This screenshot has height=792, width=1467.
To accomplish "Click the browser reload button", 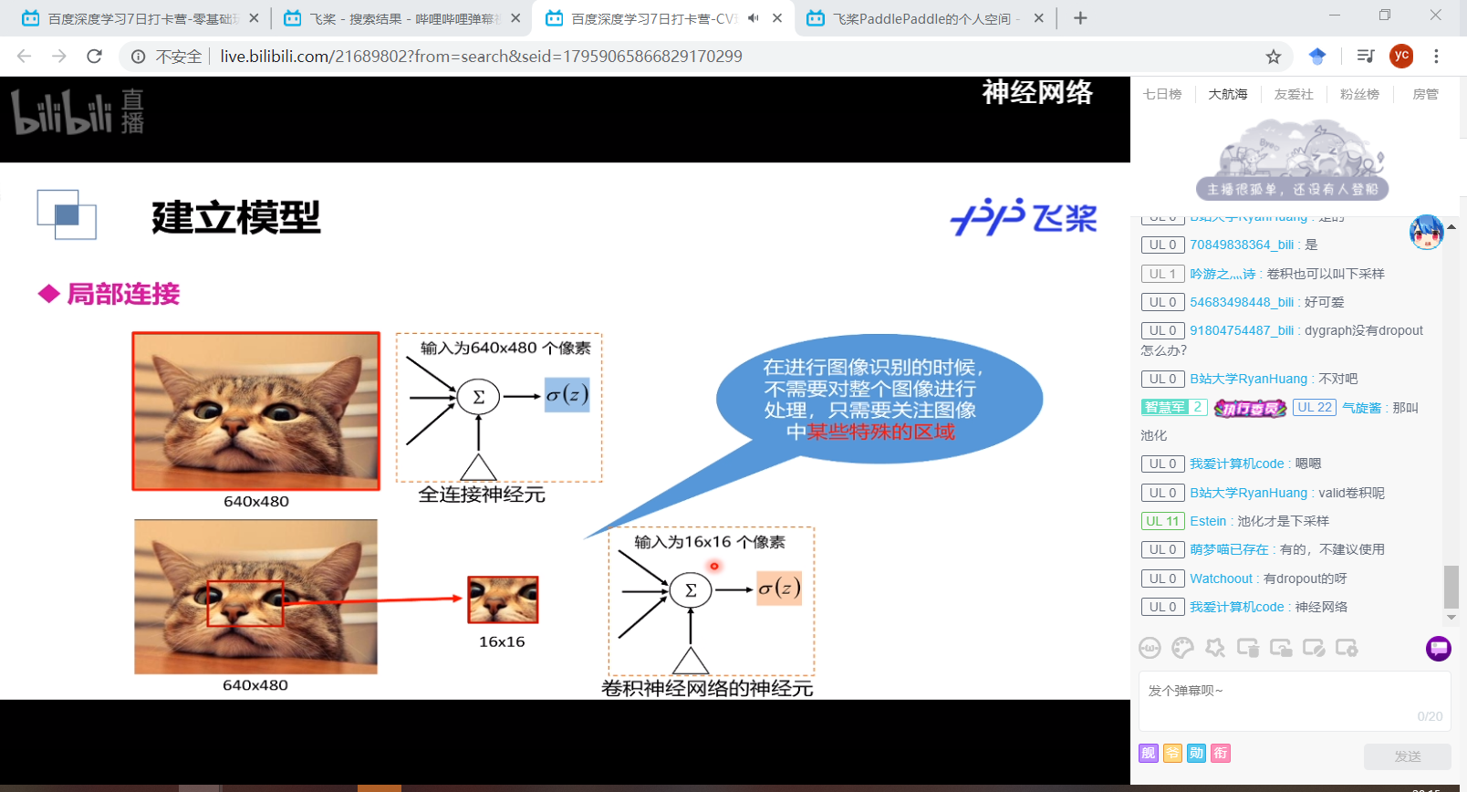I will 94,57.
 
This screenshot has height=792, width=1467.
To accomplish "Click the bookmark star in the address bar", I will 1274,57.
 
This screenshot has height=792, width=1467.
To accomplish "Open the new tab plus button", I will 1080,18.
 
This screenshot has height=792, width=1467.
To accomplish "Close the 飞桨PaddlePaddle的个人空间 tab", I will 1038,18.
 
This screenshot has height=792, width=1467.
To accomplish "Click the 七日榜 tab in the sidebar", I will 1161,94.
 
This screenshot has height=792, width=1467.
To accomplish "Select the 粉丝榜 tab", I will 1359,94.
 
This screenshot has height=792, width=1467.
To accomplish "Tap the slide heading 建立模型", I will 236,217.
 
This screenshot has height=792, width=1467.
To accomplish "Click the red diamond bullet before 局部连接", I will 48,294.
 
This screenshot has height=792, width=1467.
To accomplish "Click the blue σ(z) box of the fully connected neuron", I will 567,395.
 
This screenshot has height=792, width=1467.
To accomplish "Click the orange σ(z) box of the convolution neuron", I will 780,589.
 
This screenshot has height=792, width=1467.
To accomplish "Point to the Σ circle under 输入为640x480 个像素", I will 478,397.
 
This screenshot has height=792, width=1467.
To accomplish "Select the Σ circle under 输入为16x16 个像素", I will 691,590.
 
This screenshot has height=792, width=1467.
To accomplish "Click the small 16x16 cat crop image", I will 503,599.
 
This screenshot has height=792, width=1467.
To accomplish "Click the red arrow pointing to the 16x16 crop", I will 374,599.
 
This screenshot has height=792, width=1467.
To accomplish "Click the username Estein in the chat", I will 1208,521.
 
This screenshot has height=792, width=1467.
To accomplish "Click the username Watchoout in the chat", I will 1221,578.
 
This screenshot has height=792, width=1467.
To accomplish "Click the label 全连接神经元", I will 482,495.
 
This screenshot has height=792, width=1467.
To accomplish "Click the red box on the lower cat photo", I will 245,603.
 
